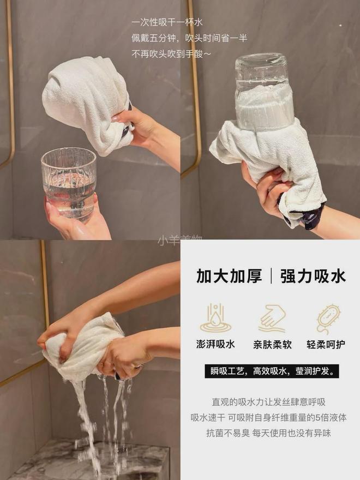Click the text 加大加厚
click(229, 276)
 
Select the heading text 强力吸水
click(313, 276)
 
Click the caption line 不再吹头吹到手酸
click(171, 53)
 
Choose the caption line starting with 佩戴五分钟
click(189, 38)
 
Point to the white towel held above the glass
click(87, 104)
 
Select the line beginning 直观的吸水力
click(268, 402)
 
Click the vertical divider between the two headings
click(271, 276)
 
